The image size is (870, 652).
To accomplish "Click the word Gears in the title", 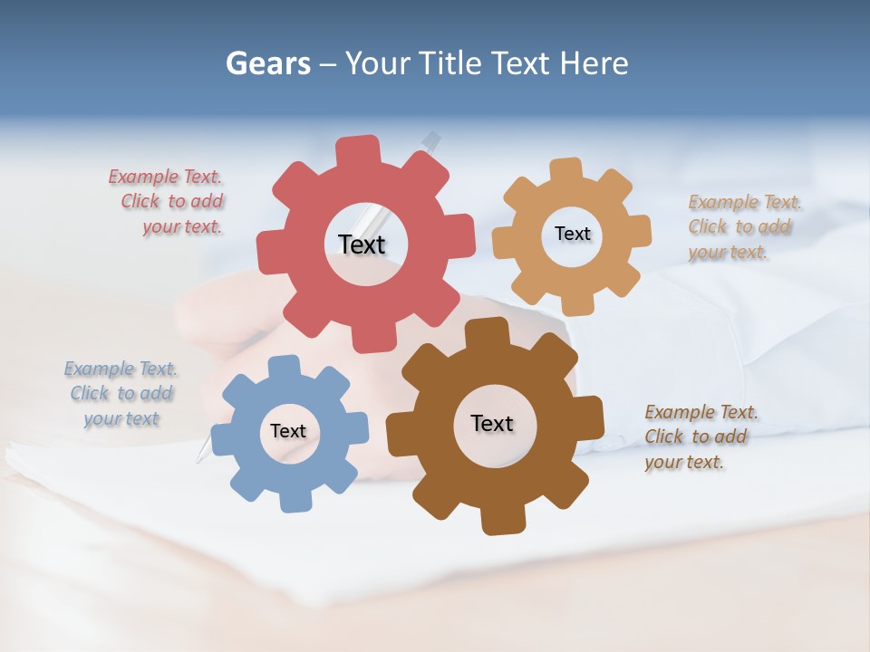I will pos(266,63).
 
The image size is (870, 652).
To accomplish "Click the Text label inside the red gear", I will pos(362,244).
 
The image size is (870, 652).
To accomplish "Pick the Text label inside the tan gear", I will pos(572,234).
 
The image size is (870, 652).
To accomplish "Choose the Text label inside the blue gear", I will pos(288,431).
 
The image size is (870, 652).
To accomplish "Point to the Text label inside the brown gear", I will pos(492,423).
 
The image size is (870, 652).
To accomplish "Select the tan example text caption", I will pos(742,226).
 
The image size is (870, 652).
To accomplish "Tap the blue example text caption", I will pos(121,394).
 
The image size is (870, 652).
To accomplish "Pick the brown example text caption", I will pos(699,436).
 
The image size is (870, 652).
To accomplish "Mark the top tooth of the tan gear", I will pos(566,168).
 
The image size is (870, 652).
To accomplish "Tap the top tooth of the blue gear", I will pos(284,365).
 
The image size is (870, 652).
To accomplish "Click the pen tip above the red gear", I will pos(432,139).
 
